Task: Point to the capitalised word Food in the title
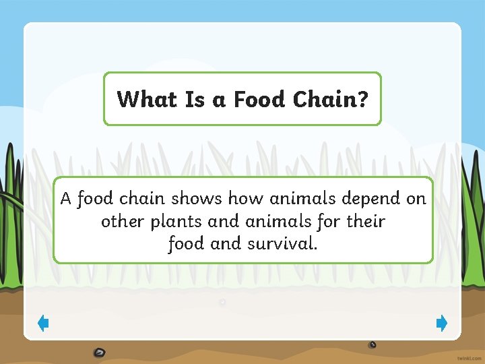[x=260, y=100]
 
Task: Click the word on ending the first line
[x=415, y=200]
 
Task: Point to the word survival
[x=282, y=243]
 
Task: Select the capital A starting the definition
[x=66, y=199]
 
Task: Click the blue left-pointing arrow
[x=42, y=324]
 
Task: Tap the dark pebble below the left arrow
[x=100, y=351]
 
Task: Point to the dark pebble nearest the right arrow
[x=373, y=344]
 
